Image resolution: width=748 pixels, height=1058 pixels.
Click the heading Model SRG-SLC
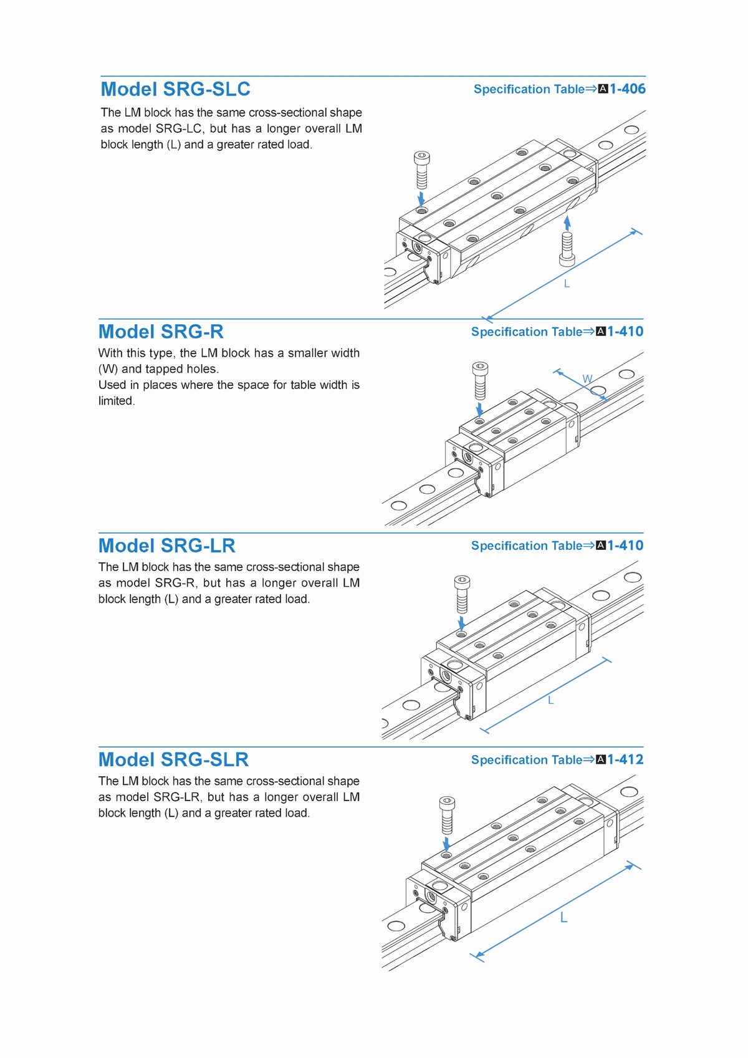click(175, 89)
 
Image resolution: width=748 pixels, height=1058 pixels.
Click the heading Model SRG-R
click(161, 332)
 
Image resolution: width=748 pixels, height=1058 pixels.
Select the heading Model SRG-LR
click(166, 546)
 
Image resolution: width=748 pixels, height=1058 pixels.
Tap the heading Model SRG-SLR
click(173, 759)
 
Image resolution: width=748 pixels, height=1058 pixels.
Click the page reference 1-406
click(628, 89)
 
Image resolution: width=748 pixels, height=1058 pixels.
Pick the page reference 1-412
click(625, 759)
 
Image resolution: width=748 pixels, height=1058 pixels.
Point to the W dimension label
click(587, 378)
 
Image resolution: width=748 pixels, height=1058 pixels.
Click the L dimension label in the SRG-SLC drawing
click(567, 284)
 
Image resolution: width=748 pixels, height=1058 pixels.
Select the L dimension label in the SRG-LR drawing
click(550, 700)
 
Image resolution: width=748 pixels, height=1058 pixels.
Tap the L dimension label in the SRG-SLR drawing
click(563, 917)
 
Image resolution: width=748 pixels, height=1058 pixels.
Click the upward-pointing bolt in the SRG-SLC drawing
click(567, 249)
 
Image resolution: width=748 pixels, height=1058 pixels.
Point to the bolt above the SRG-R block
click(480, 381)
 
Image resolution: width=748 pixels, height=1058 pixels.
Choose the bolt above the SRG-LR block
click(462, 594)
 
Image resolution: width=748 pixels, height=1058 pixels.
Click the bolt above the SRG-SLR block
click(447, 815)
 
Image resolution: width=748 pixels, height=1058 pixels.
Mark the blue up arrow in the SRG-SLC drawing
click(568, 223)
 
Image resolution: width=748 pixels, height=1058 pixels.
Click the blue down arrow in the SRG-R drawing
click(480, 410)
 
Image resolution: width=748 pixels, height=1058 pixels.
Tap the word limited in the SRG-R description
click(116, 400)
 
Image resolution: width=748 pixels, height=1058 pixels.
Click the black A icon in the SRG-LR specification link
click(601, 546)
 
